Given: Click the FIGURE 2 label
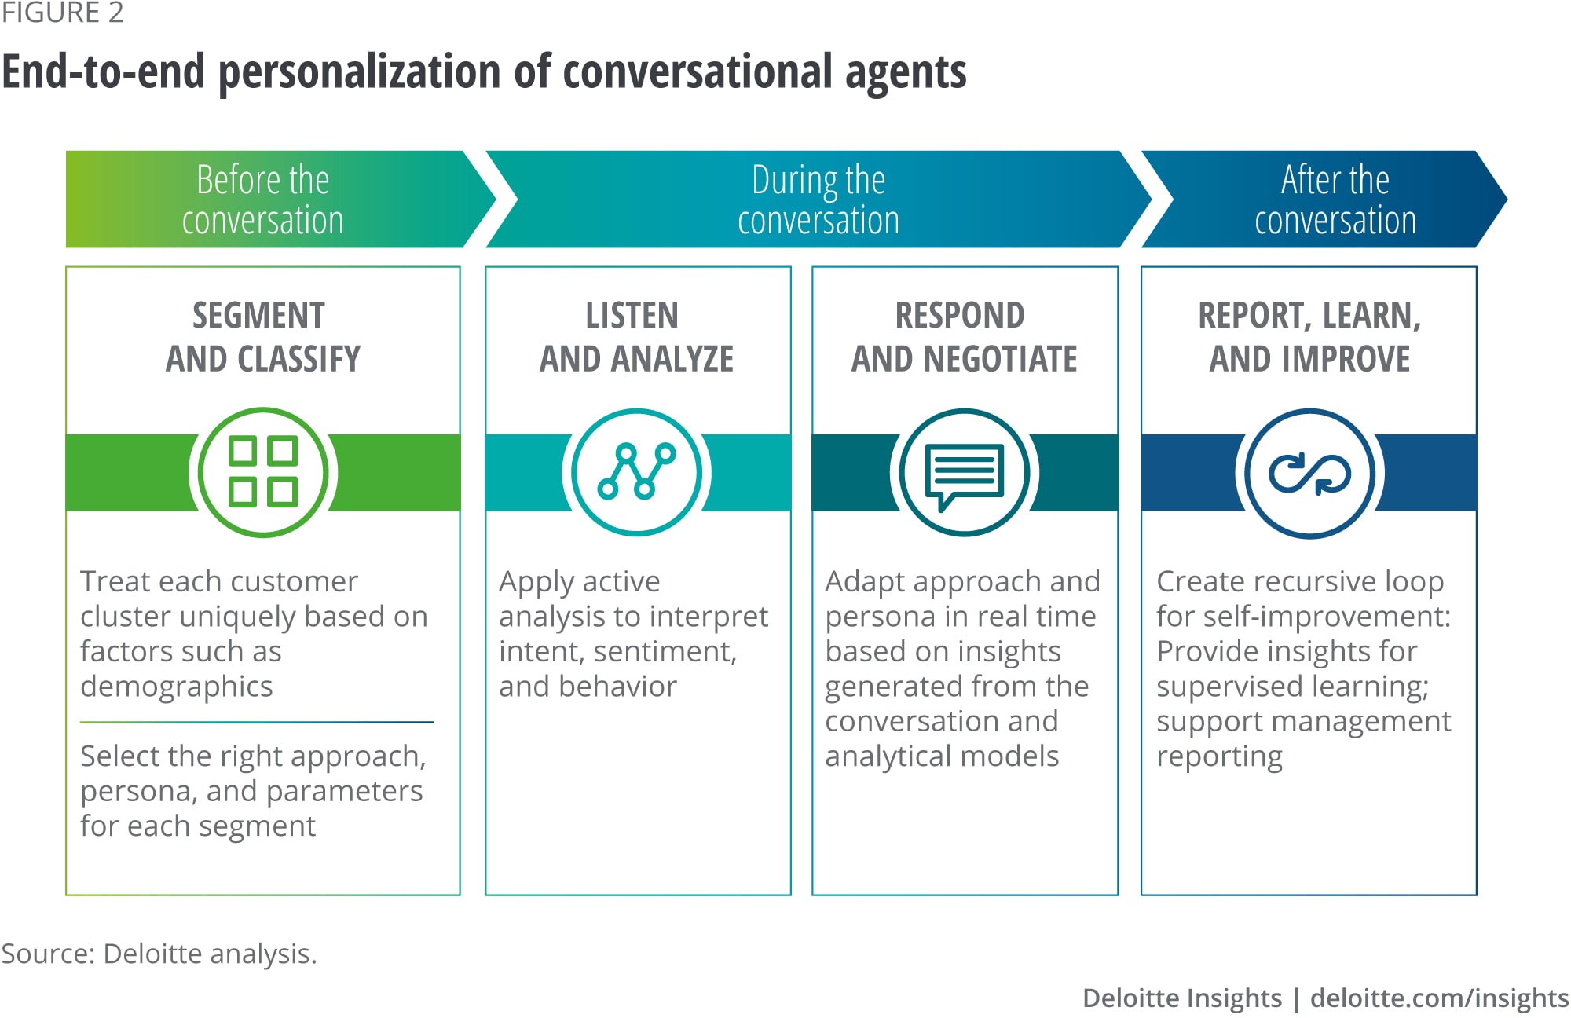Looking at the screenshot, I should tap(63, 13).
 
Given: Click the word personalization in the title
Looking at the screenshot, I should tap(359, 72).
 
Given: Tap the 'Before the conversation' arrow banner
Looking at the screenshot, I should tap(263, 200).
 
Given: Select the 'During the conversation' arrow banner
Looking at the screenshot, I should tap(818, 200).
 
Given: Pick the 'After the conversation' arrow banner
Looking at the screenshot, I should tap(1335, 200).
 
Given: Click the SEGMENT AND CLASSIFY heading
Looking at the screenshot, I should tap(263, 337).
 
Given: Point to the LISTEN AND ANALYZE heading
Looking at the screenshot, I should tap(636, 337).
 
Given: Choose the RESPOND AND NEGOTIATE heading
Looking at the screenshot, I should tap(964, 337).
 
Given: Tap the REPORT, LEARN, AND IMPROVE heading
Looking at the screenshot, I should tap(1309, 337).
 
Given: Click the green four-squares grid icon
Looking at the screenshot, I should tap(263, 472).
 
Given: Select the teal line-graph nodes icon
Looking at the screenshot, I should tap(637, 472).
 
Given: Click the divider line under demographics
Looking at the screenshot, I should tap(256, 722).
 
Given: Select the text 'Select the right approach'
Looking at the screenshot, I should tap(253, 756).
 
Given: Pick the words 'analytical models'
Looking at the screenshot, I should tap(942, 756).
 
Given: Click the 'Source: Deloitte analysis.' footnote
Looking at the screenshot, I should tap(159, 954).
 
